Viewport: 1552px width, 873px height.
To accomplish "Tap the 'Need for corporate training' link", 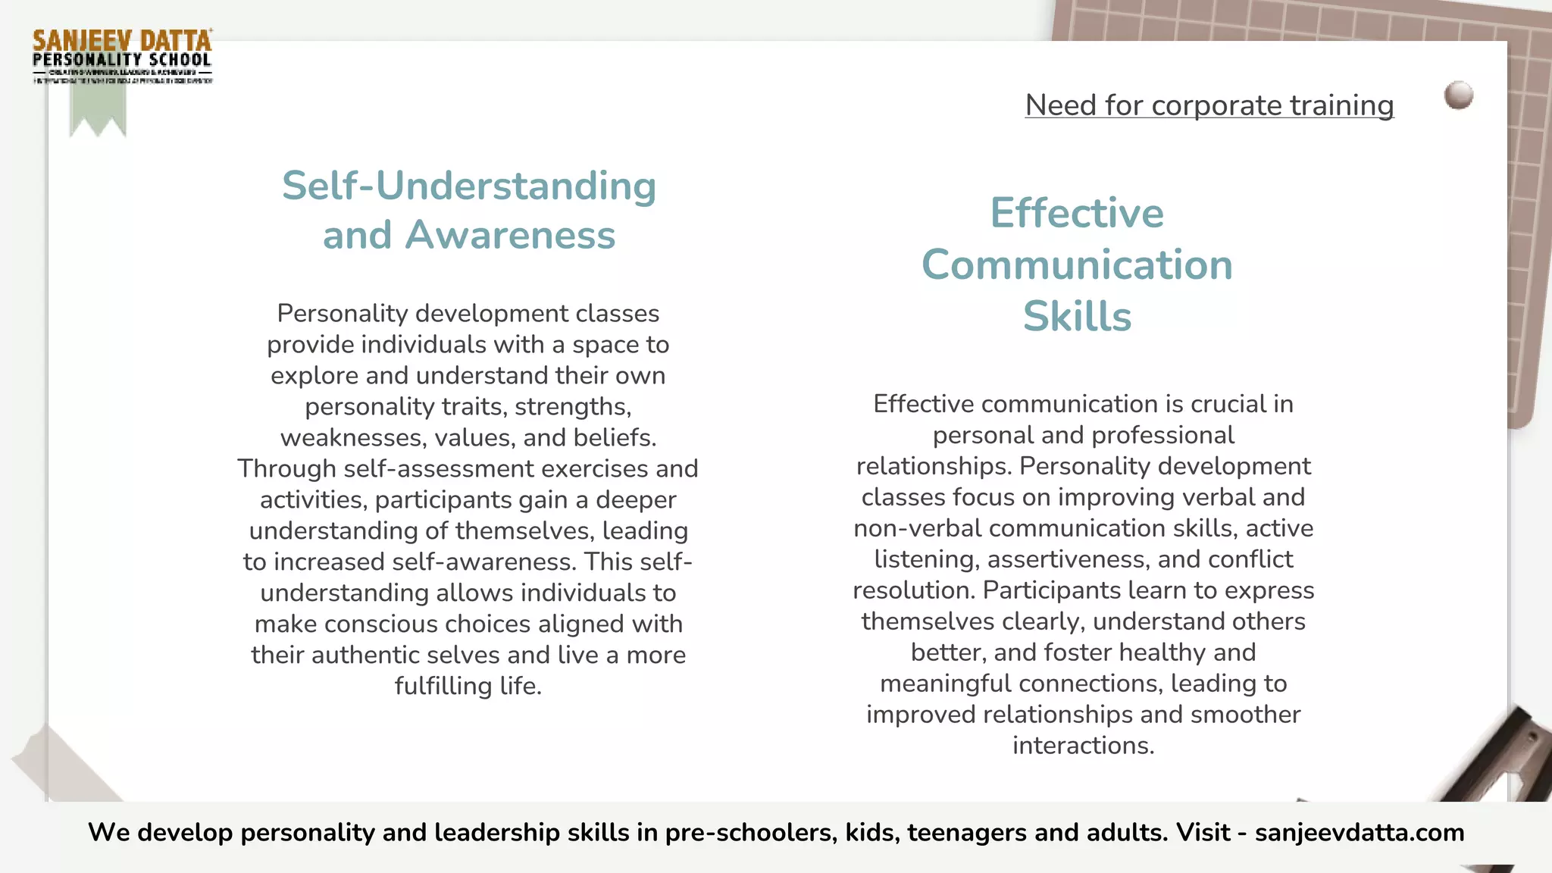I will pos(1209,105).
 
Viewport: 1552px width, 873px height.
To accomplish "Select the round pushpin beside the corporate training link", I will pos(1458,95).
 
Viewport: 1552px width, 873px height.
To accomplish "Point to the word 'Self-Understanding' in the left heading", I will pos(468,186).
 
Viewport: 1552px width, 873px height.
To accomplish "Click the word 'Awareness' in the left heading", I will pos(510,235).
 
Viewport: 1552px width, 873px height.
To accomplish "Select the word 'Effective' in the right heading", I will pos(1077,213).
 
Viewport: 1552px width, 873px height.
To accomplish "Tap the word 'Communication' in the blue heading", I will pos(1077,264).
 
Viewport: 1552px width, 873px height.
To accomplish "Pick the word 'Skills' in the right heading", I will pos(1077,316).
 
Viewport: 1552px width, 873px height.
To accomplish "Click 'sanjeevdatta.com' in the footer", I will pos(1360,832).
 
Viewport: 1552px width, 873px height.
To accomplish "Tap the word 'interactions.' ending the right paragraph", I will pos(1083,746).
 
